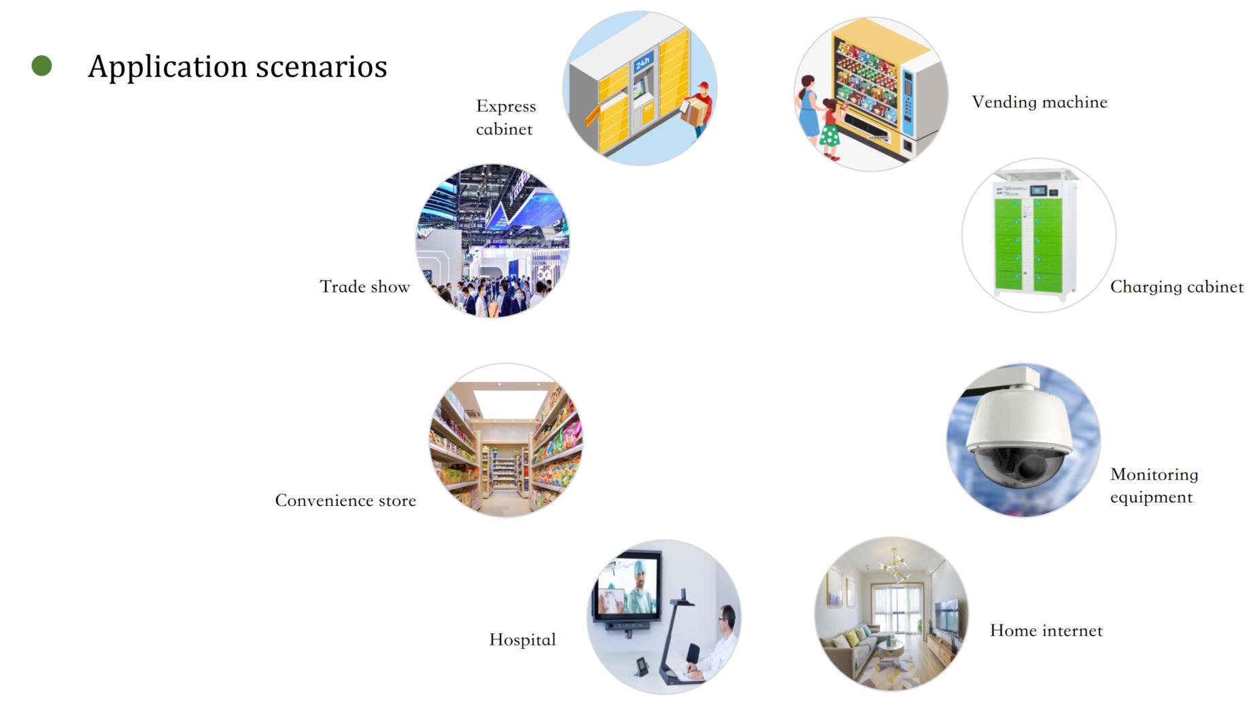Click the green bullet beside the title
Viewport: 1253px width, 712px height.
point(41,65)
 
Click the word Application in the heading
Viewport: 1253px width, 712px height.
point(167,67)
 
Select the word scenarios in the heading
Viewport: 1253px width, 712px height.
point(322,67)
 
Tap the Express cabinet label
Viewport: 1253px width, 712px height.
point(506,118)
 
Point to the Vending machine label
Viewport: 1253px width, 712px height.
point(1040,102)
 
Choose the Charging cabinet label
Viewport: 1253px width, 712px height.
point(1177,287)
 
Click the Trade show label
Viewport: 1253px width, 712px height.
point(365,286)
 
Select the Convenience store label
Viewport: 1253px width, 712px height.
point(345,501)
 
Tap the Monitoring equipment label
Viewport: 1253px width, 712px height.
point(1154,486)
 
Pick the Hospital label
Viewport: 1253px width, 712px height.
point(523,640)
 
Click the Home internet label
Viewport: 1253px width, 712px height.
point(1046,630)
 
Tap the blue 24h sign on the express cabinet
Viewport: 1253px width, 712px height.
point(643,63)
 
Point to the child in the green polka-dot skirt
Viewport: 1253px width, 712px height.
point(830,129)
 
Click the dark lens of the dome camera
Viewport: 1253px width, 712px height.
point(1031,466)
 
